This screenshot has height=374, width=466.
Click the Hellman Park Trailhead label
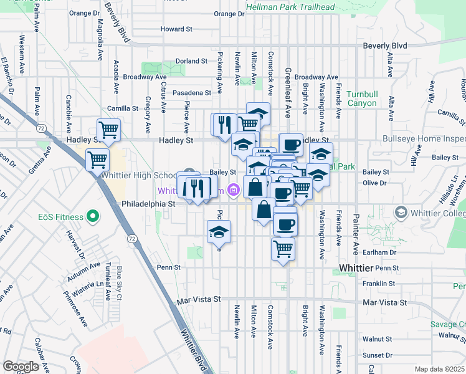tap(290, 7)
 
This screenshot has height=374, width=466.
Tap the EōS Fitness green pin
tap(93, 217)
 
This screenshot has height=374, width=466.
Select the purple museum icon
tap(234, 189)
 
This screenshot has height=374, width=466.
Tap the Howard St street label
tap(176, 29)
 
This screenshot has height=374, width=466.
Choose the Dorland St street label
tap(191, 61)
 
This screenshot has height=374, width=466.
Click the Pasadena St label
tap(192, 93)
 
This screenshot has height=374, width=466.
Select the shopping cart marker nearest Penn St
tap(283, 249)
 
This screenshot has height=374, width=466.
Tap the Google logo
tap(21, 367)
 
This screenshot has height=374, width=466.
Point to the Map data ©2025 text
tap(439, 369)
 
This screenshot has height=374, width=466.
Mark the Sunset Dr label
tap(378, 355)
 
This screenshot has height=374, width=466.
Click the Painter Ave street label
tap(356, 234)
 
